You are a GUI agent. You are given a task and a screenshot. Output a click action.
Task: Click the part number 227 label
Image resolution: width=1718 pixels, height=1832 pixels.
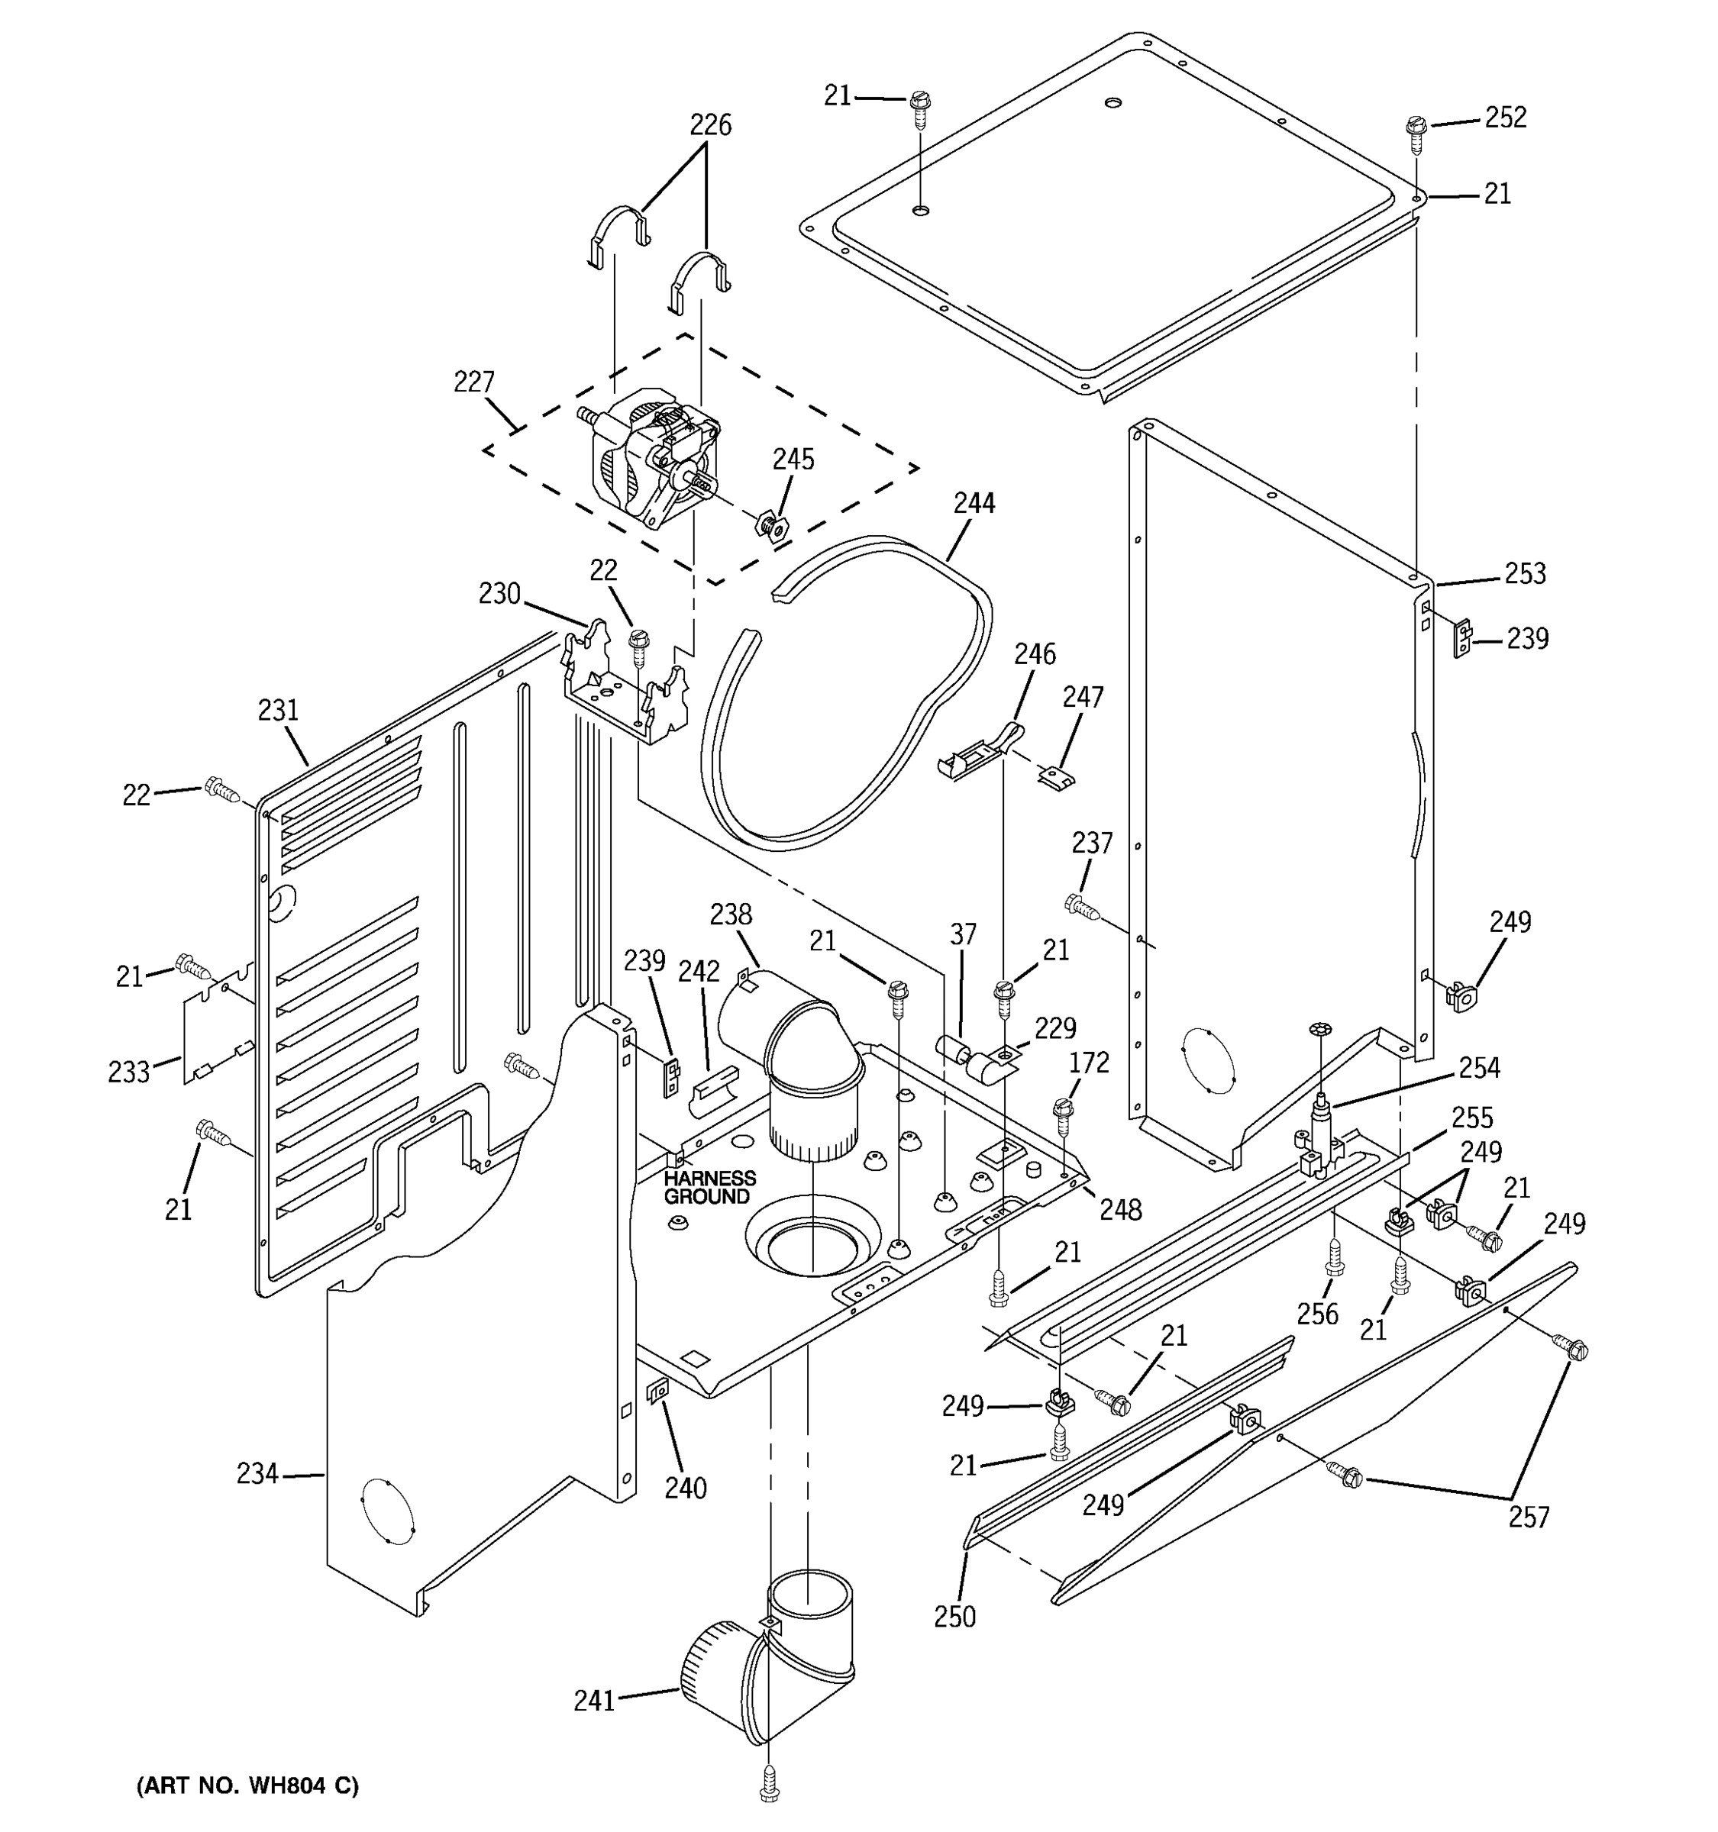473,382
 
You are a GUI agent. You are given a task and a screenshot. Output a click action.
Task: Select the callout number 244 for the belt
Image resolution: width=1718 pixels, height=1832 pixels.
974,503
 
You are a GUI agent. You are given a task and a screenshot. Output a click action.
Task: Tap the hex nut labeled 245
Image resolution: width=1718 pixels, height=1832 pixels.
770,526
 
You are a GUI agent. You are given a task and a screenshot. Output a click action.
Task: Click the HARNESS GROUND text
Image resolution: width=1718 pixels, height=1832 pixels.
709,1187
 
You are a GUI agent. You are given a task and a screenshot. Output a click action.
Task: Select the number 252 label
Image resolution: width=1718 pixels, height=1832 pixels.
1505,117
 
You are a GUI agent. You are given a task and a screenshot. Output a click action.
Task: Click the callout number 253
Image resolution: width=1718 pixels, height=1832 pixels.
1525,573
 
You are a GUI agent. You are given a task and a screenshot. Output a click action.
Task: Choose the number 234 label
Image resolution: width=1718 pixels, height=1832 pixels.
257,1473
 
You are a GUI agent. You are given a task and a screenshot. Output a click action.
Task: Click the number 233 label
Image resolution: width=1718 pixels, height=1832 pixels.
128,1072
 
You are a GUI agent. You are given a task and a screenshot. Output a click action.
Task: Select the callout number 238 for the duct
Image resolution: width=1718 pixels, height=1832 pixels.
730,914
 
